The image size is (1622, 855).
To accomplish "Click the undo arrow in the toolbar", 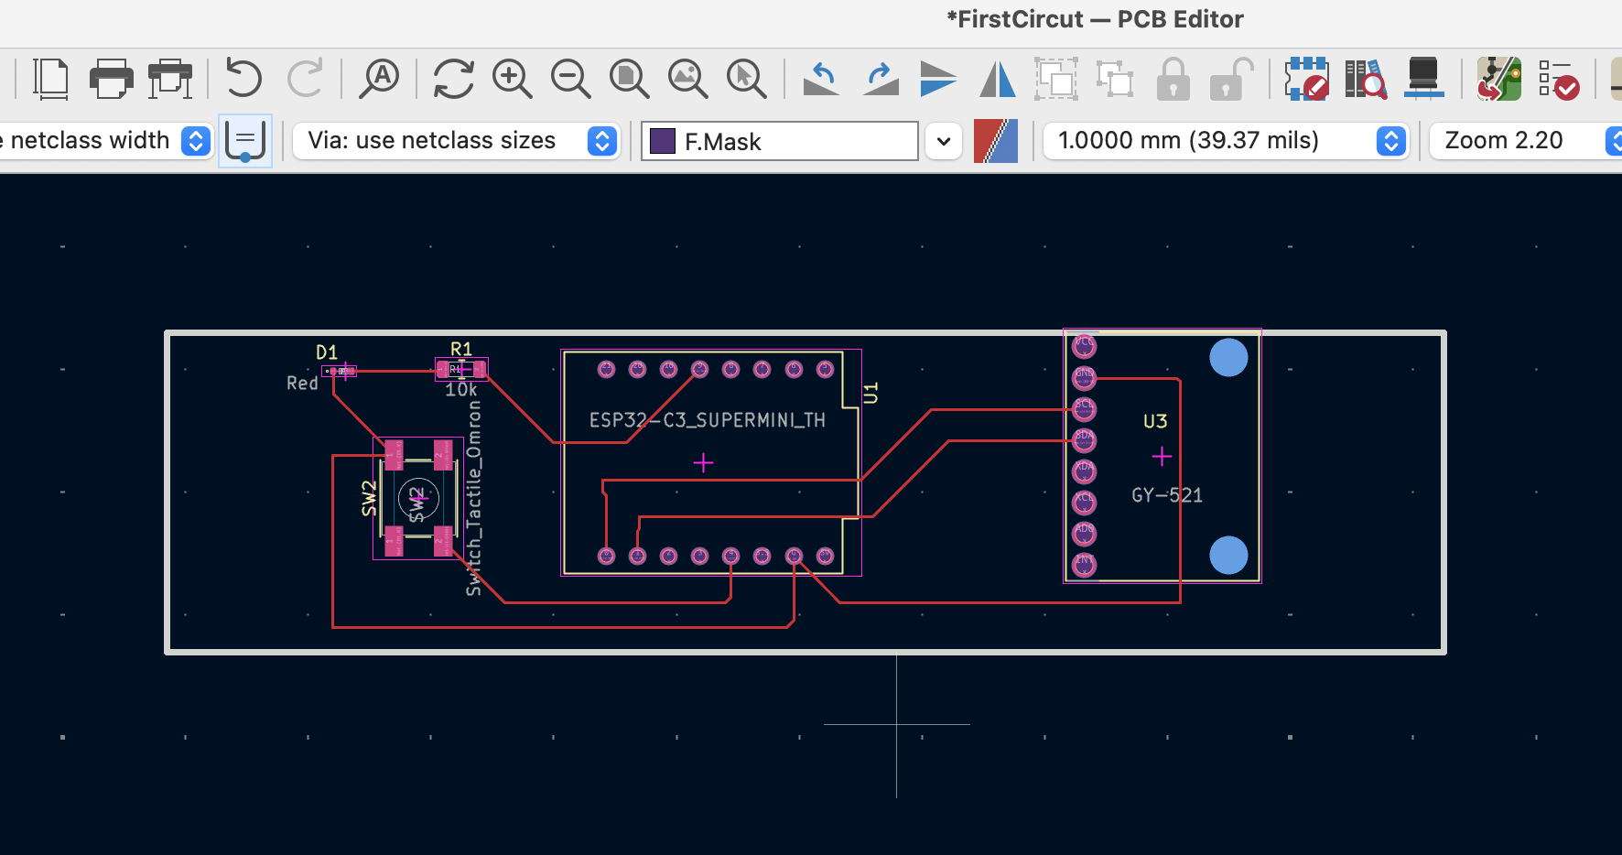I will [243, 78].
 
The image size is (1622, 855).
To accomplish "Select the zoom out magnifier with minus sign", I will [570, 79].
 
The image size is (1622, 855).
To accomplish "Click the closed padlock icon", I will [1173, 79].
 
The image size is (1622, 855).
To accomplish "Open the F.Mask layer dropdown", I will [944, 141].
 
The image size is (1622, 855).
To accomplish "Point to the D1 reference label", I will [327, 352].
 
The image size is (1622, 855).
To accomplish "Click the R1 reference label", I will [461, 349].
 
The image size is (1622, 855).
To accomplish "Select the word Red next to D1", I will [302, 384].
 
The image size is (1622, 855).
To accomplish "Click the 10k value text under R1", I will [461, 390].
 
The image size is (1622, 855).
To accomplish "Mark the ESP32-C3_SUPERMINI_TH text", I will [707, 420].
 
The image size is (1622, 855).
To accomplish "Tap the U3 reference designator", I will [1155, 421].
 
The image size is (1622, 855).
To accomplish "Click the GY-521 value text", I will [1167, 495].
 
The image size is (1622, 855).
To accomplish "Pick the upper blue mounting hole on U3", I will [1228, 358].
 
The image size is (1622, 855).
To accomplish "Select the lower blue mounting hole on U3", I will [1228, 556].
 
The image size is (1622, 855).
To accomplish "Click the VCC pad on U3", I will [1084, 345].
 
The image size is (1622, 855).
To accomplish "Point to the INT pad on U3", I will [1084, 565].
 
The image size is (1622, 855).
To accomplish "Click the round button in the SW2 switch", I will [418, 499].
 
